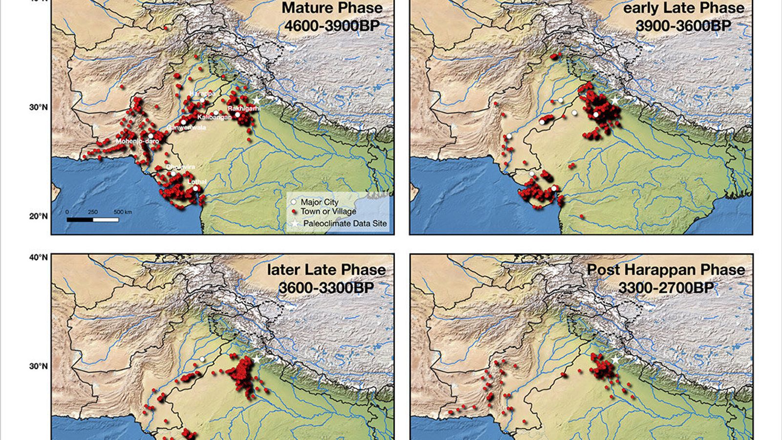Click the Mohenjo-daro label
coord(137,141)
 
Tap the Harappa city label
coord(201,93)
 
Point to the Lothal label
coord(197,182)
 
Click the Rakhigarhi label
coord(243,109)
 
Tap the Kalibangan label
coord(214,117)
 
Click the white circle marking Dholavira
coord(173,173)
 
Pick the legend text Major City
coord(320,202)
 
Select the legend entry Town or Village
coord(328,211)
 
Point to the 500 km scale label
coord(123,212)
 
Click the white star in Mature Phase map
coord(257,100)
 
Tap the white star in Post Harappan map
coord(615,360)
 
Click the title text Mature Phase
coord(332,8)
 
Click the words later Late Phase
coord(326,270)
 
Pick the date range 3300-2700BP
coord(666,287)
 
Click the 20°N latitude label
coord(38,216)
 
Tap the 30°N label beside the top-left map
coord(38,107)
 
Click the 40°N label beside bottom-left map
coord(38,257)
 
